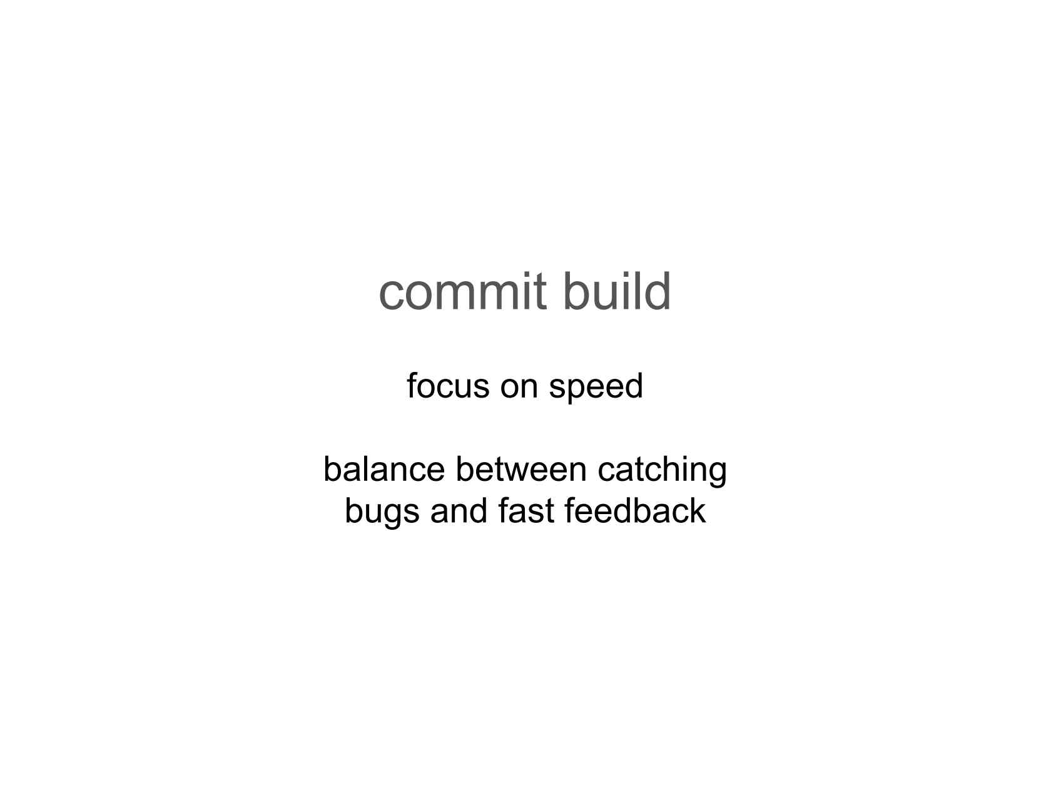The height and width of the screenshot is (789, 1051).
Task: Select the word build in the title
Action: (x=617, y=291)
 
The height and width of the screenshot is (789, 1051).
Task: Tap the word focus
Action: (x=448, y=386)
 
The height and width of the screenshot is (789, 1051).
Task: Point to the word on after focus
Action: (x=519, y=389)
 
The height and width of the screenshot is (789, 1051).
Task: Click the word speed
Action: (x=596, y=389)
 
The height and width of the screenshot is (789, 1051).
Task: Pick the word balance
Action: (x=384, y=469)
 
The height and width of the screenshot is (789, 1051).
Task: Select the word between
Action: (x=521, y=469)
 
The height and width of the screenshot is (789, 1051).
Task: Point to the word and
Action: (x=459, y=511)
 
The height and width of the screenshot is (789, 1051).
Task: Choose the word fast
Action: (x=526, y=511)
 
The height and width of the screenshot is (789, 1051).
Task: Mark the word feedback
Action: (x=635, y=511)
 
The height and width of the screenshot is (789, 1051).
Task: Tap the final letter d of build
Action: (x=658, y=291)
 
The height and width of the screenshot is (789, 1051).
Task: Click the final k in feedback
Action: (x=698, y=511)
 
